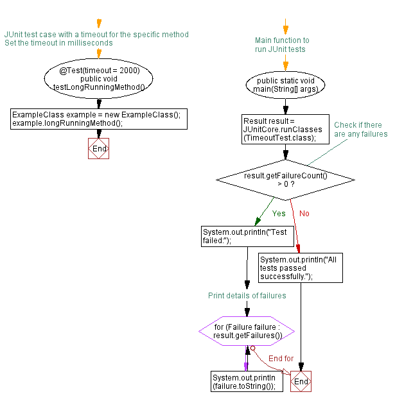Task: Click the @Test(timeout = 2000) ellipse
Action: tap(99, 78)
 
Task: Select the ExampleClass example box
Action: tap(99, 119)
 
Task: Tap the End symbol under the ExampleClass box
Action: tap(99, 149)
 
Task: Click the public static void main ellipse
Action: tap(286, 85)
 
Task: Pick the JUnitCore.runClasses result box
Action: tap(286, 129)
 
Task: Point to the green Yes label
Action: tap(279, 213)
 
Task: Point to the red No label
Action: tap(304, 213)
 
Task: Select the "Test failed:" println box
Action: tap(247, 236)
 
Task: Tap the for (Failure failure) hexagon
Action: tap(247, 331)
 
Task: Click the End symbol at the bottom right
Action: tap(301, 381)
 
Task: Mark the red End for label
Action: tap(281, 358)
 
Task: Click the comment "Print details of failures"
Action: tap(247, 296)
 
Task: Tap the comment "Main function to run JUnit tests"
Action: tap(282, 44)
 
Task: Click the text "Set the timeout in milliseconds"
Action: tap(58, 43)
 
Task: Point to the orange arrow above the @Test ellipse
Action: tap(99, 25)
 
